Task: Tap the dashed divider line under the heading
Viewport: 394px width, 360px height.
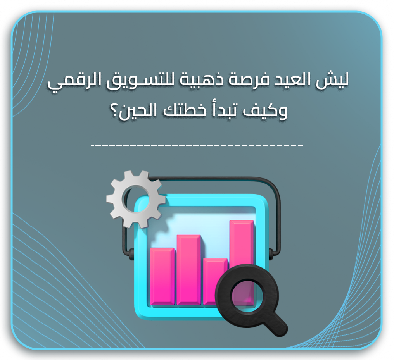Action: pos(197,145)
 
